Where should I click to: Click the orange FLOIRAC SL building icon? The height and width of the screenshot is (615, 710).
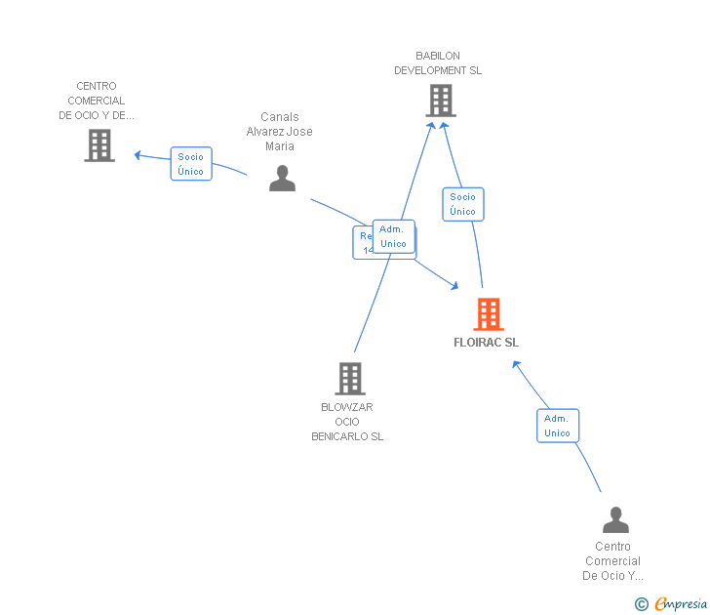pos(489,314)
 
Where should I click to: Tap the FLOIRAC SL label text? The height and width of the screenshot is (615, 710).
pos(486,343)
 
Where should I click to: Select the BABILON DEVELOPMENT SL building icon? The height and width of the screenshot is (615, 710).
pos(440,101)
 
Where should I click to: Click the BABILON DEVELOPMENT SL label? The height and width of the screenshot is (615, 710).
pos(438,63)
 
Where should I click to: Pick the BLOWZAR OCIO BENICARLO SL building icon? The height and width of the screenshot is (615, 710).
pos(350,379)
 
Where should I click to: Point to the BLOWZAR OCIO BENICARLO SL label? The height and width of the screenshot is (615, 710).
pos(347,422)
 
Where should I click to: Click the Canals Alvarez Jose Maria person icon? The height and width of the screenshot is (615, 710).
pos(282,179)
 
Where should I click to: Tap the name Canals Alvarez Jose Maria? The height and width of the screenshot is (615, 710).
pos(280,132)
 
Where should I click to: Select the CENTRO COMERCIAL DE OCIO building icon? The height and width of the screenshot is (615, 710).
pos(99,145)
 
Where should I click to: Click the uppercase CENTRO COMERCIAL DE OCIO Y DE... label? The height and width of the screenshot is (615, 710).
pos(97,101)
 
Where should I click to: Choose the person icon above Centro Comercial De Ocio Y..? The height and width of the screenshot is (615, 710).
pos(615,519)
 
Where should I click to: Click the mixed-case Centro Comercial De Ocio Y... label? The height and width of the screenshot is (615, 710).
pos(612,561)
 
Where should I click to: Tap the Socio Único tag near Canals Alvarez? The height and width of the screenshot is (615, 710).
pos(191,164)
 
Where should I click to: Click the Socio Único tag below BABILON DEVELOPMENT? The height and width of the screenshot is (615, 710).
pos(463,204)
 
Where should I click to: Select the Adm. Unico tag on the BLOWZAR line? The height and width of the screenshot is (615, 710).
pos(394,236)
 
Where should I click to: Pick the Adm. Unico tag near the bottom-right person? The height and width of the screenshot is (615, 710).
pos(558,426)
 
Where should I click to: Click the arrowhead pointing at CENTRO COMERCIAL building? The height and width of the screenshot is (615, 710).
pos(138,154)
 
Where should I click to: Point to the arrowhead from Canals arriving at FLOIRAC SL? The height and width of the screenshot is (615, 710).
pos(454,285)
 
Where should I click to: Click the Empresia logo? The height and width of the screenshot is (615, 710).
pos(681,604)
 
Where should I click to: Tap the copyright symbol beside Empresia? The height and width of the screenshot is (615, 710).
pos(642,604)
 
